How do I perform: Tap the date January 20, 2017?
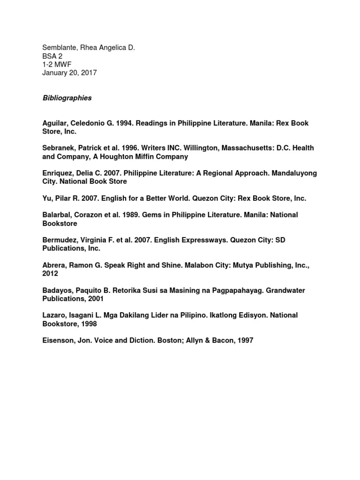click(69, 73)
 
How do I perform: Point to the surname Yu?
click(47, 198)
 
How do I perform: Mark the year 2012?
click(50, 274)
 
